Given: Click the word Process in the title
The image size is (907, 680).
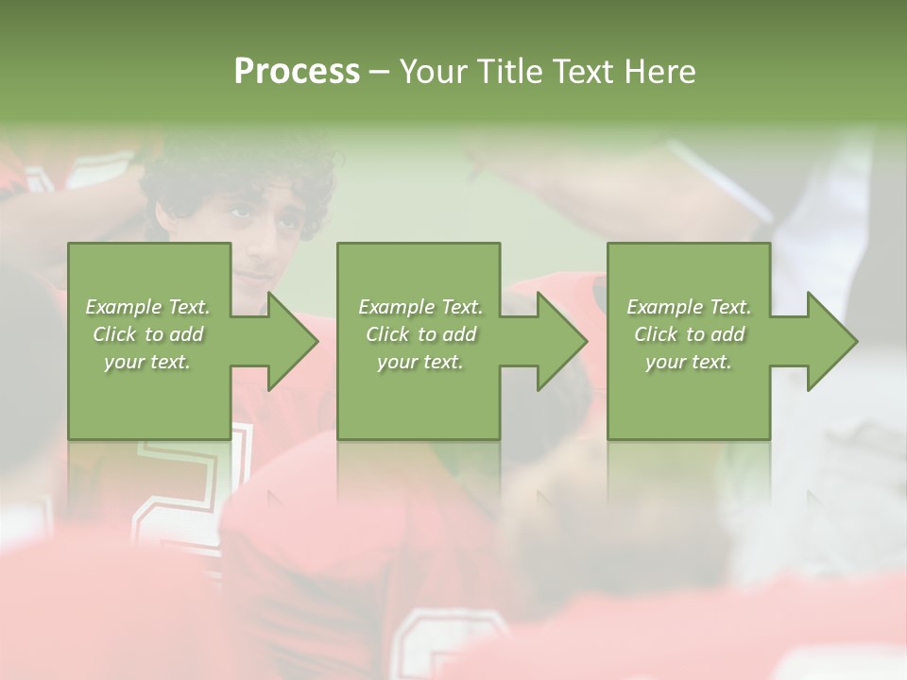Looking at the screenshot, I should (297, 72).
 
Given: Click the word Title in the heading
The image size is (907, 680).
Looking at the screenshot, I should (510, 72).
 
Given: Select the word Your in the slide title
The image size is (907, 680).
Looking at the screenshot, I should (436, 72).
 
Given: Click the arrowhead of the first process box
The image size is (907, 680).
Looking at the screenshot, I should (293, 341).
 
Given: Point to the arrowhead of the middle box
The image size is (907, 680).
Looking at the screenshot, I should (562, 341).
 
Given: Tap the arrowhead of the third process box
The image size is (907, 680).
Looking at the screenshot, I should (832, 341).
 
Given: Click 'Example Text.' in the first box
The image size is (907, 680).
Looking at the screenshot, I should (148, 307).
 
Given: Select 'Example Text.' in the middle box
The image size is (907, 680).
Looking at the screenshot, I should (420, 307).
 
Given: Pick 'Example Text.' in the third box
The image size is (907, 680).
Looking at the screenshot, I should (689, 307).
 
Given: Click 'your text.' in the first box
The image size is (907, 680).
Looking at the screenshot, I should (147, 362).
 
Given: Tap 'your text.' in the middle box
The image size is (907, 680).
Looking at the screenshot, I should (419, 362).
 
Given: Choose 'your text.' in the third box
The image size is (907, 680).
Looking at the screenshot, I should (688, 362).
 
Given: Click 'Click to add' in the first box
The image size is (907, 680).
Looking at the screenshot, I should (148, 334).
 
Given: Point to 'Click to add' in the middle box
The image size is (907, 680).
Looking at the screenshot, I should (420, 334).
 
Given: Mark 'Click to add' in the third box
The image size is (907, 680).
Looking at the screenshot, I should (689, 334).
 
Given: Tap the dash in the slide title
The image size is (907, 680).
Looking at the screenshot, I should (380, 73).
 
